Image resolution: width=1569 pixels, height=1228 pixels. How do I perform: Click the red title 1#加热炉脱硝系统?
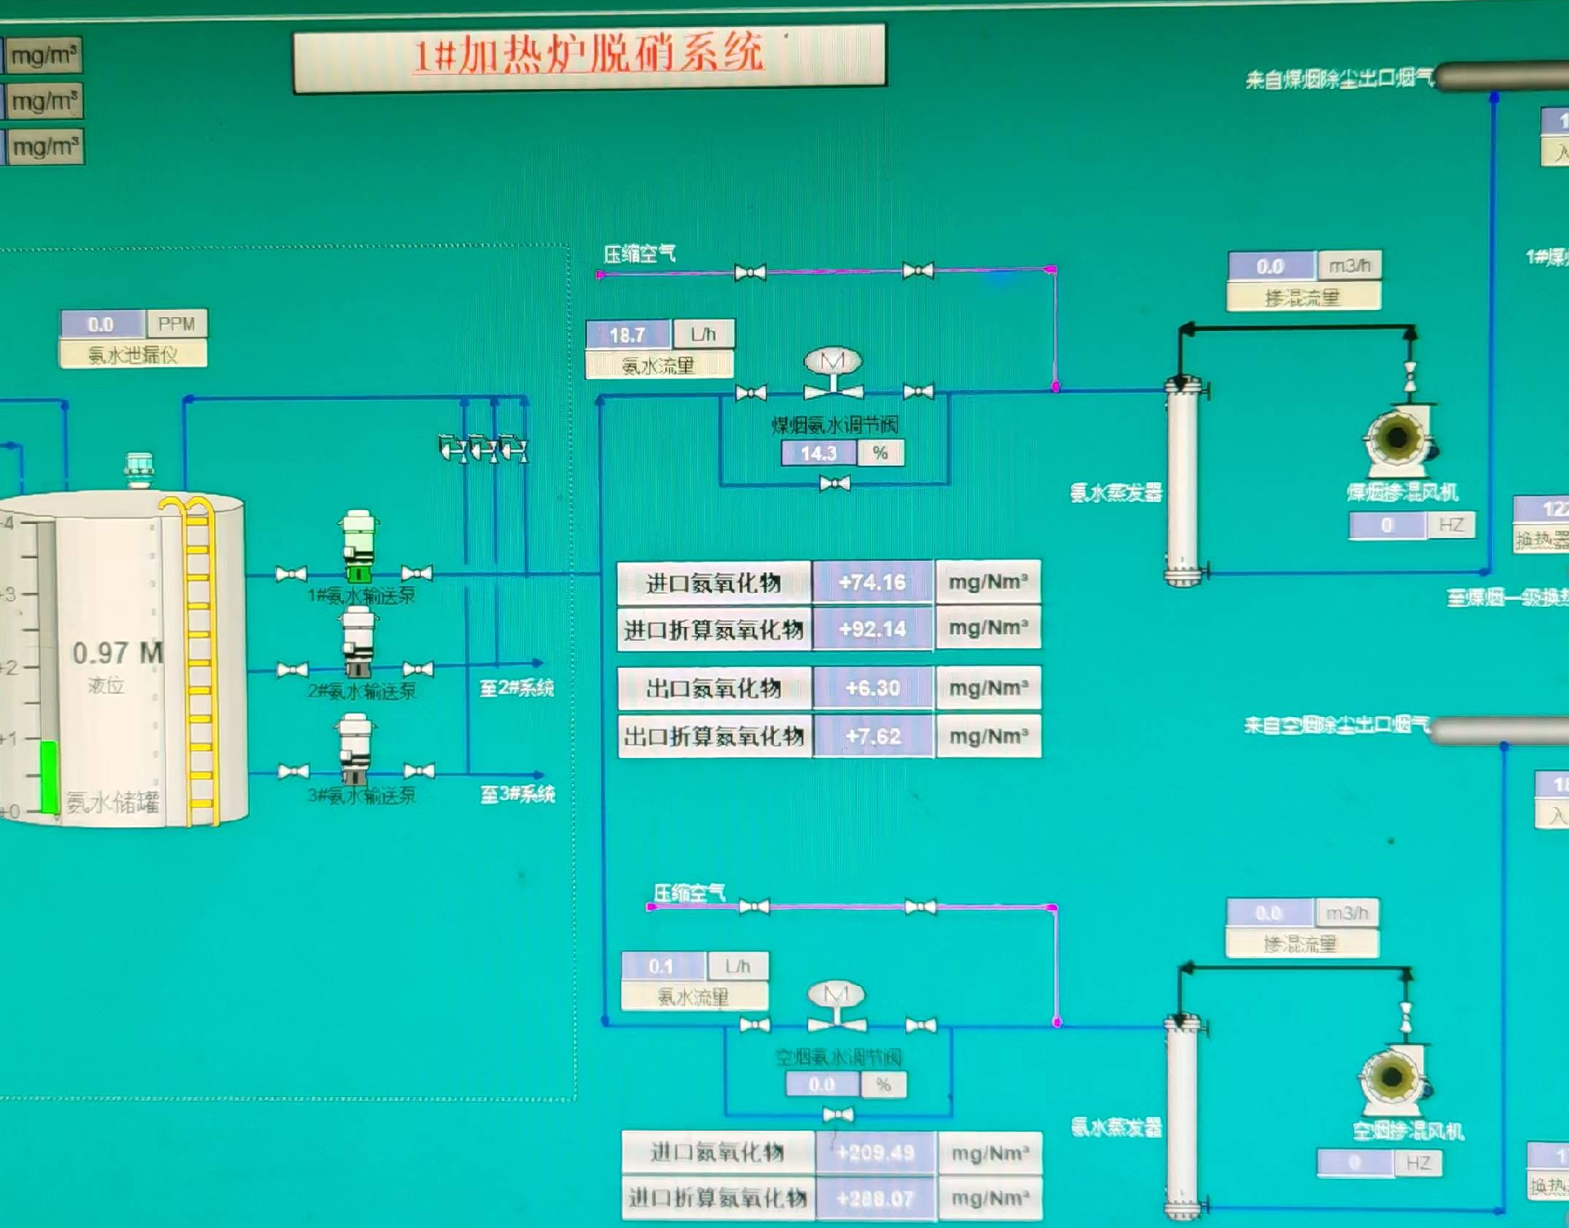[588, 55]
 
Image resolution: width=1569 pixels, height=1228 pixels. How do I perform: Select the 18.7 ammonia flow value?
[627, 334]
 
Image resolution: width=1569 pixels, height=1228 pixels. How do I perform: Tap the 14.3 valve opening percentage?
[818, 453]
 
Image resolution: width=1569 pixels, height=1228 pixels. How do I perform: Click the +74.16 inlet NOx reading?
[872, 582]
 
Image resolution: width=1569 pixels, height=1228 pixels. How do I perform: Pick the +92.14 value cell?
[872, 629]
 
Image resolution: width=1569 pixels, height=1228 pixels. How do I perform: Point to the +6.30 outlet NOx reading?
[872, 688]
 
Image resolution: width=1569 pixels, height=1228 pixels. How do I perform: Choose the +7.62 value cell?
[872, 736]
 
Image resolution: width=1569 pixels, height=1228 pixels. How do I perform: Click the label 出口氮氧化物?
[713, 688]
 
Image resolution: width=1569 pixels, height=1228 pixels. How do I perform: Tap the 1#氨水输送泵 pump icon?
[358, 546]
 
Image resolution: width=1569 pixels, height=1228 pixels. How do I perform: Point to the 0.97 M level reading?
[117, 652]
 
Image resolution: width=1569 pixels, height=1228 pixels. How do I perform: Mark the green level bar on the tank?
[49, 777]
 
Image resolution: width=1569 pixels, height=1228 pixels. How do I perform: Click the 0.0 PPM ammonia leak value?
[101, 325]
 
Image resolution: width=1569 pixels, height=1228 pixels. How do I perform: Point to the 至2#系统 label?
[516, 688]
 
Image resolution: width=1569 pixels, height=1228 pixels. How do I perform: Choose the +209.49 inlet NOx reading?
[874, 1153]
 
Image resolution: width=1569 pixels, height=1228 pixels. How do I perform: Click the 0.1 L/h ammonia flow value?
[661, 966]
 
